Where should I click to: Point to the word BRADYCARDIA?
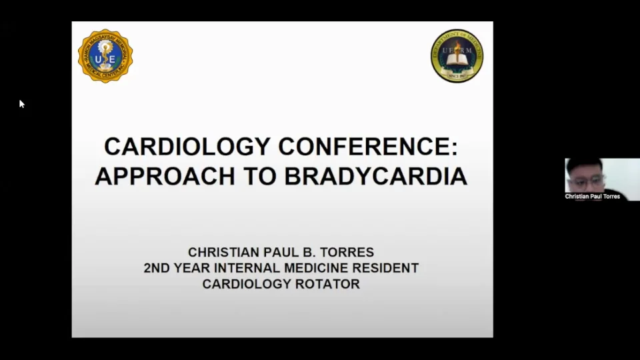pos(376,175)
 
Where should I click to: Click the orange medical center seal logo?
pos(105,56)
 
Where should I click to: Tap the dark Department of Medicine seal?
pos(457,56)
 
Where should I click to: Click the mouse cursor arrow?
pos(21,103)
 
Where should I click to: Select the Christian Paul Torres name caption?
pos(593,197)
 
